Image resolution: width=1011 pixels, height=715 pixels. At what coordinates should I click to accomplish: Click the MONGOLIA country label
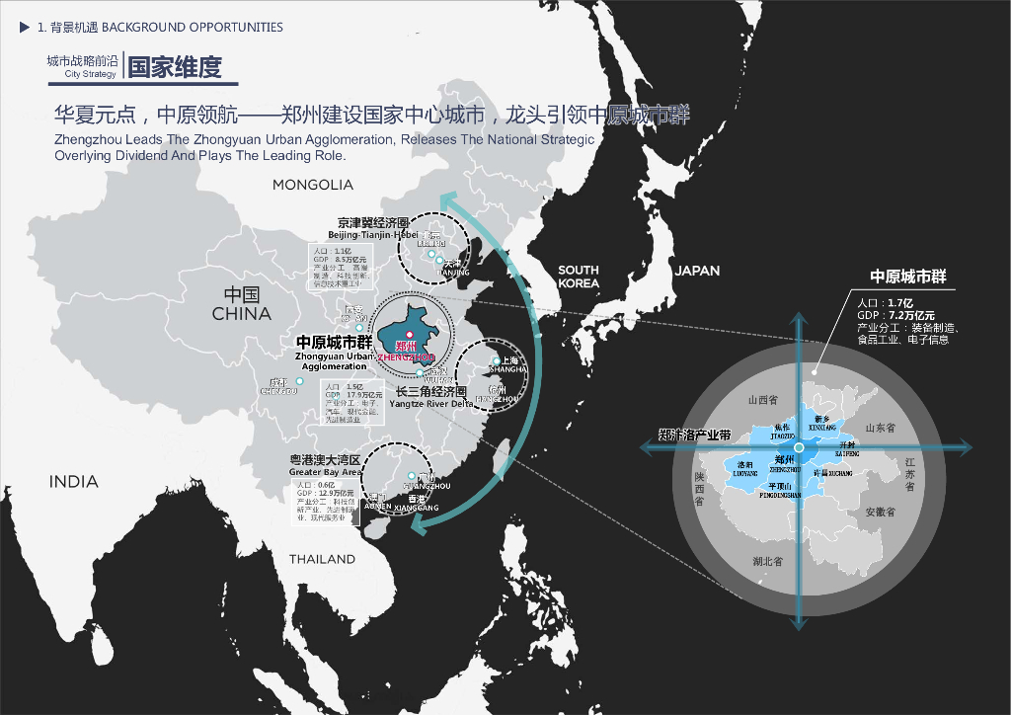(313, 185)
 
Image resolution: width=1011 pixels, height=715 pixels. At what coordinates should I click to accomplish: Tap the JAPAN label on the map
(697, 271)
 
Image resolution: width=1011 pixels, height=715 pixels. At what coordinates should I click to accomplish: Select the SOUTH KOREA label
(579, 277)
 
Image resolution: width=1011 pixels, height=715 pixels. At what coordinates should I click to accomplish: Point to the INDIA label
(74, 482)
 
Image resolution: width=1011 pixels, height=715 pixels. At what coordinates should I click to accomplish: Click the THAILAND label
(322, 559)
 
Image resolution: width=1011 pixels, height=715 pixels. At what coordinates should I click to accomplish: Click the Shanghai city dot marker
(496, 361)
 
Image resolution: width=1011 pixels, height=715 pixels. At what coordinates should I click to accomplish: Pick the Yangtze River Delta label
(430, 405)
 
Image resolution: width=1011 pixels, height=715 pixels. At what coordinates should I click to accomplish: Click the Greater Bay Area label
(325, 473)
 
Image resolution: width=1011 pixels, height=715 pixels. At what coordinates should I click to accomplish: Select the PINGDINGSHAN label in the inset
(782, 494)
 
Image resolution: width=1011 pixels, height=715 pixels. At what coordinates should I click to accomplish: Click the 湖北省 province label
(766, 561)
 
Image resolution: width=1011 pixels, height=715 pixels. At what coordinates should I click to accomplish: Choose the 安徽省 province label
(879, 513)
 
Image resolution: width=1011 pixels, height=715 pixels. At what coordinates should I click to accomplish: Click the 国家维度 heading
(175, 66)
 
